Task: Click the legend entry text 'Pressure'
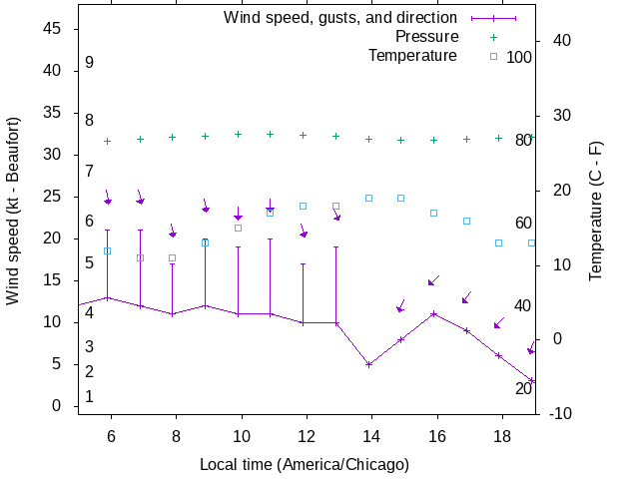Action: coord(425,37)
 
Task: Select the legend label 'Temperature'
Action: coord(412,55)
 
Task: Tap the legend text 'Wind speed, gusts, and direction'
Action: coord(339,18)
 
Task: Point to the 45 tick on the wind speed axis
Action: coord(54,29)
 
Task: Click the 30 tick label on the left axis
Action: coord(54,155)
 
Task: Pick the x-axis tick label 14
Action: coord(369,436)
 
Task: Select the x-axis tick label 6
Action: coord(111,436)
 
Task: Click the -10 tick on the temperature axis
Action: coord(559,413)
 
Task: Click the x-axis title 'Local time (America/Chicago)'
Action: coord(305,464)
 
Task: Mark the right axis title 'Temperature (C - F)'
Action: coord(595,210)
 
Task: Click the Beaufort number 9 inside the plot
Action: coord(89,62)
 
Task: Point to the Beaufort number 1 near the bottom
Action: coord(89,396)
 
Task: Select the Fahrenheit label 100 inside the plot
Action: coord(519,57)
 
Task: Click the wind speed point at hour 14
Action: coord(369,364)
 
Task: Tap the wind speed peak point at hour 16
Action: coord(434,313)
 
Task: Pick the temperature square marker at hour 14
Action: coord(368,198)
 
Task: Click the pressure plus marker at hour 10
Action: coord(238,134)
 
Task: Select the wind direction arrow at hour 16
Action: coord(433,281)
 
